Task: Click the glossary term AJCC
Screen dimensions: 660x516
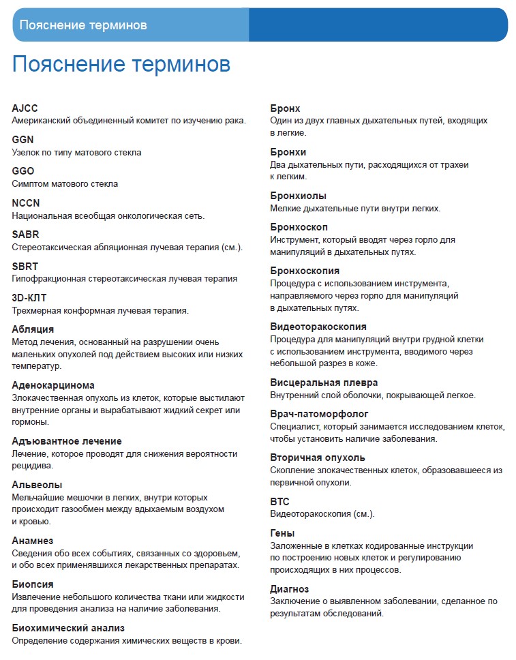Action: [25, 108]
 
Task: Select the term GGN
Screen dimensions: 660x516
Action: [23, 140]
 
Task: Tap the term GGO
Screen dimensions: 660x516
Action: [23, 171]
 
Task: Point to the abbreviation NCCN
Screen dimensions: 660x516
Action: [27, 203]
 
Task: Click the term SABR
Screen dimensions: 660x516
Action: [26, 235]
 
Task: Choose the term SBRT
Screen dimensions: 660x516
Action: [25, 266]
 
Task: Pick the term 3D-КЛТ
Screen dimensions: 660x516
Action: [29, 298]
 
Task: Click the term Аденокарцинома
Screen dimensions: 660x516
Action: [53, 385]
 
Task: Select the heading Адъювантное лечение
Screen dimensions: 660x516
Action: [67, 441]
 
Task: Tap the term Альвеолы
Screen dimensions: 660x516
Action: [37, 485]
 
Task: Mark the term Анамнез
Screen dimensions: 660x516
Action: [33, 541]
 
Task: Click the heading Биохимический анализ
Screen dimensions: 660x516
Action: [68, 628]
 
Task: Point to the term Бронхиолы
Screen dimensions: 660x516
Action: [298, 196]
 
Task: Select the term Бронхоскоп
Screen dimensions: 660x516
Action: [299, 227]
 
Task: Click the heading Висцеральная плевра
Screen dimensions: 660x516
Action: [324, 382]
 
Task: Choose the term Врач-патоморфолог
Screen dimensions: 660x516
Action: [319, 414]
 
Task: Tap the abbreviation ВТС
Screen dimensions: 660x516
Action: [280, 501]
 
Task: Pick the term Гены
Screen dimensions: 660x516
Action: [282, 533]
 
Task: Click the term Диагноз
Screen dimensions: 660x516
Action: [290, 589]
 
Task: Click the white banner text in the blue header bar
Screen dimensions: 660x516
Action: [83, 25]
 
